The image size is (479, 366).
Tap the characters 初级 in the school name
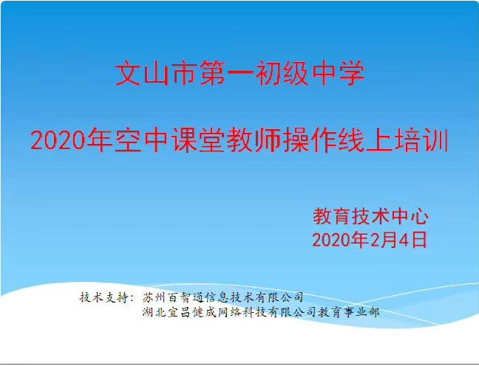point(281,73)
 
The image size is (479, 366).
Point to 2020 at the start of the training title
point(58,141)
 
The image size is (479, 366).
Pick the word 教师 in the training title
point(254,141)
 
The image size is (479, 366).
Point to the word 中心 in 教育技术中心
point(410,216)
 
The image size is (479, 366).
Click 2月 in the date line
point(379,240)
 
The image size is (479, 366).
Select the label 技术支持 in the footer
point(103,297)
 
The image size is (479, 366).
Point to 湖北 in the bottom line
point(154,312)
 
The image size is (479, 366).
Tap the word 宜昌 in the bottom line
point(180,312)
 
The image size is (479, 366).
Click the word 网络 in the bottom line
point(230,312)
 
